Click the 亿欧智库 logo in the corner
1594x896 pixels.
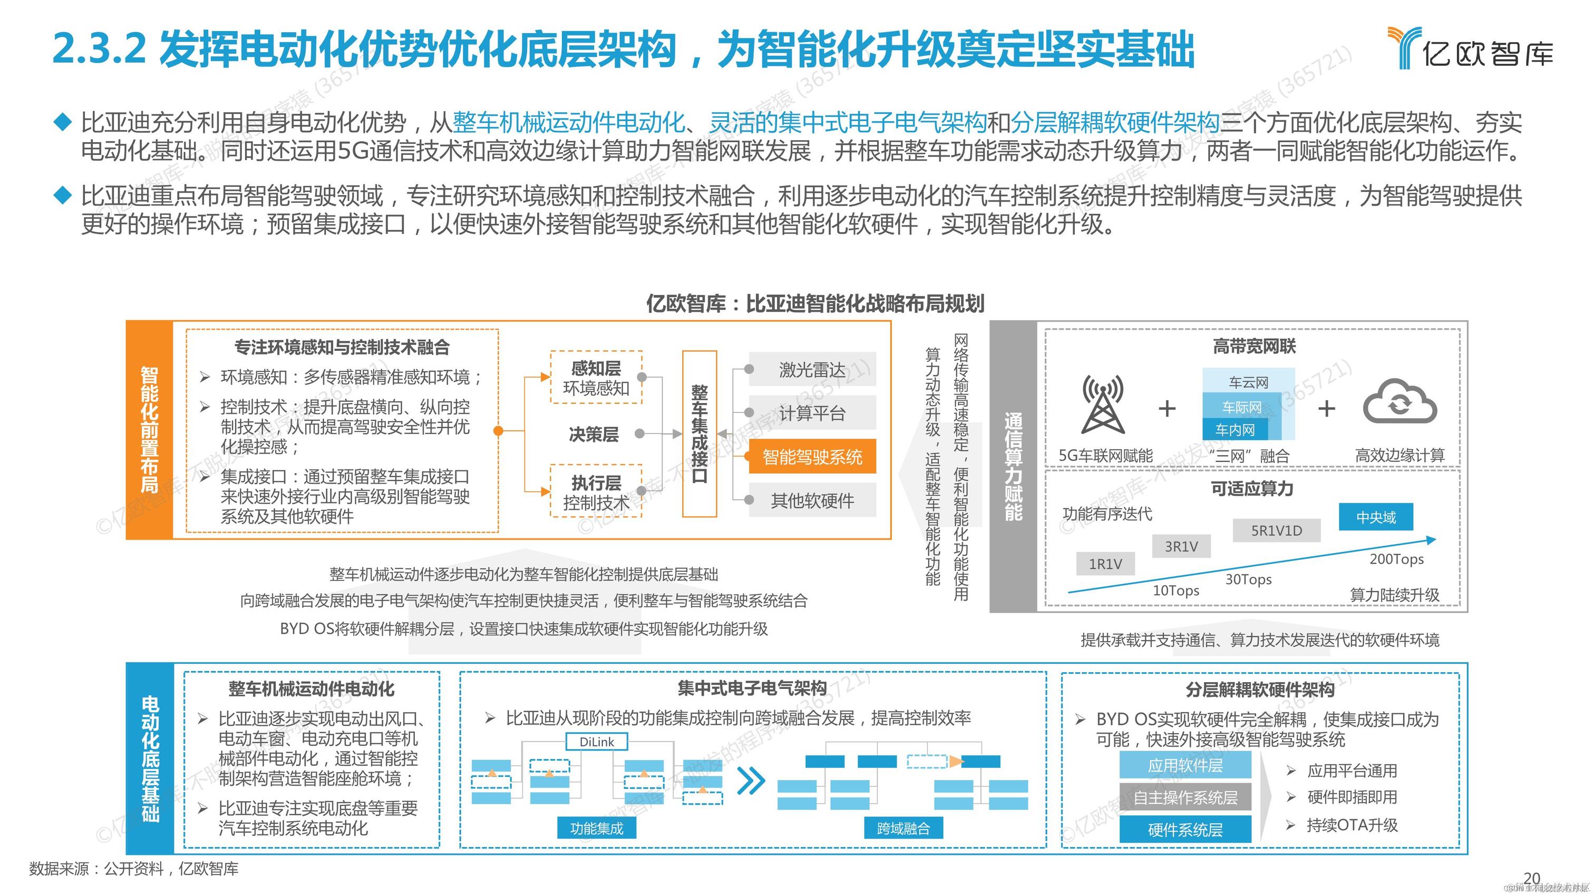1470,48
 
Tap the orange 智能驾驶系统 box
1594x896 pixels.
812,457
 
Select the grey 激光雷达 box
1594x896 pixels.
812,370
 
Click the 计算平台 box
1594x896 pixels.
812,413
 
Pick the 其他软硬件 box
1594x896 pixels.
812,500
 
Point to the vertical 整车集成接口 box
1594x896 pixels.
699,434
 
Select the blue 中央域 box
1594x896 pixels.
1376,517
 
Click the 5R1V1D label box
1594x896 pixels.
1276,530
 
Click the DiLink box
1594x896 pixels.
597,742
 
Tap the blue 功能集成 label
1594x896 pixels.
597,828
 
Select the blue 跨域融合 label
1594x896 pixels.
903,828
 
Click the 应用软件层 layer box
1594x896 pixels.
1185,765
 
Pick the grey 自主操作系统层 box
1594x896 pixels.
1185,797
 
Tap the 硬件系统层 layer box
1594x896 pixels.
1185,830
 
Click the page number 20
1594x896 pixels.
1531,878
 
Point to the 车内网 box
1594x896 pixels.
1235,430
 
